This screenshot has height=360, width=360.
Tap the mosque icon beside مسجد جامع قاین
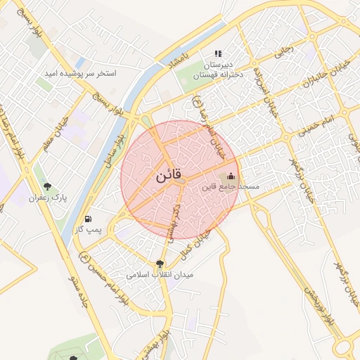pyautogui.click(x=231, y=176)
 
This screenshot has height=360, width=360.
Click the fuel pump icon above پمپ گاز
pyautogui.click(x=88, y=218)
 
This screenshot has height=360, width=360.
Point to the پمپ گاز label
pyautogui.click(x=89, y=229)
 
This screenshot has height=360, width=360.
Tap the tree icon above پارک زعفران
pyautogui.click(x=47, y=186)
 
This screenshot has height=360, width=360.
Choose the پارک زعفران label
pyautogui.click(x=48, y=198)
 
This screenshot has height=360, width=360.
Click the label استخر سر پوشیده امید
pyautogui.click(x=80, y=73)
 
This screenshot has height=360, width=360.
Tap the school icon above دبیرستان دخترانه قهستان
pyautogui.click(x=218, y=53)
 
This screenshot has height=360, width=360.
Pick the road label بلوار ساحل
pyautogui.click(x=110, y=152)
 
